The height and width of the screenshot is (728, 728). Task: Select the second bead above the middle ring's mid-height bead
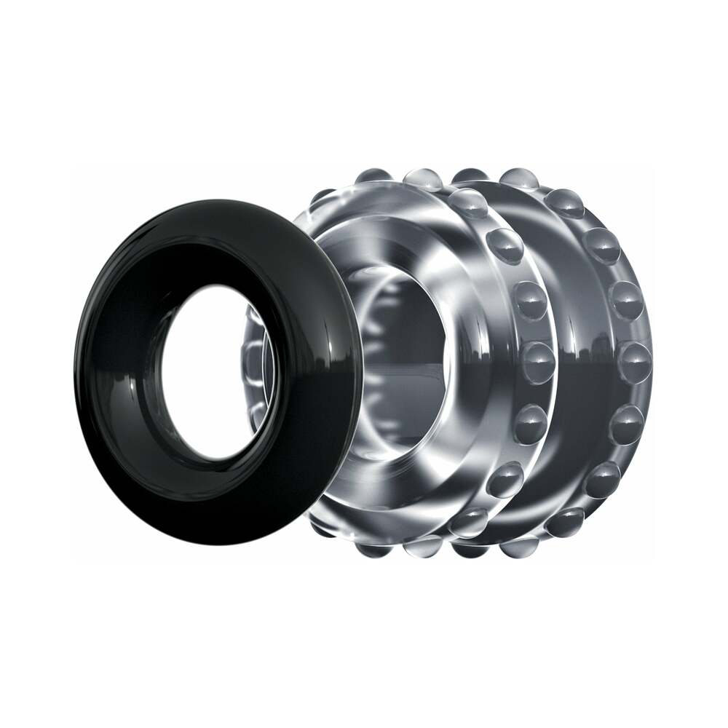tap(502, 240)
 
